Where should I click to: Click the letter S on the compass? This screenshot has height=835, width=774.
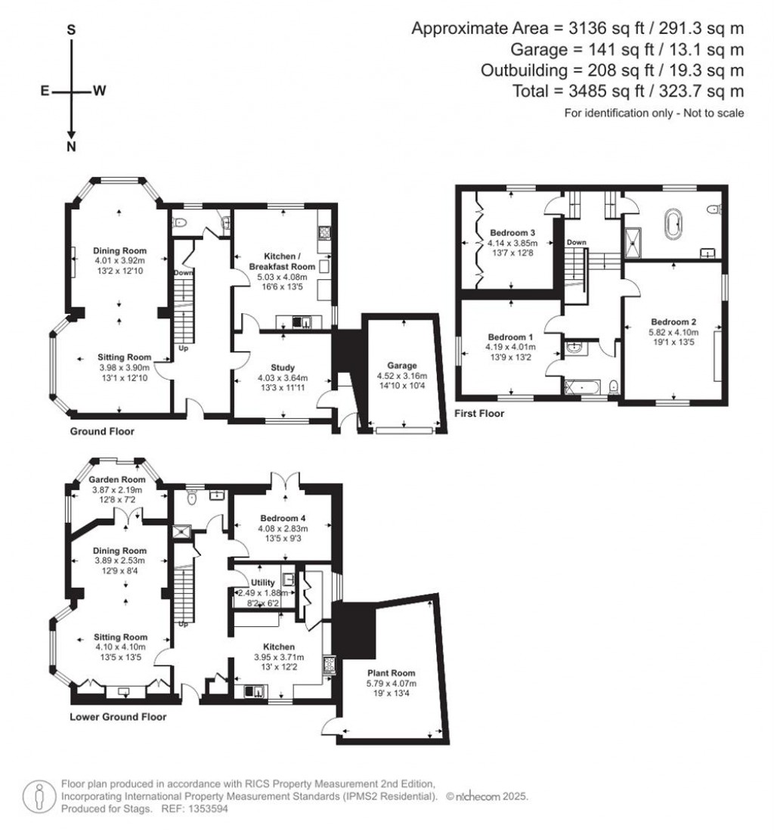point(71,30)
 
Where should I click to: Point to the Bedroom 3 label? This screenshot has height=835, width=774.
point(512,232)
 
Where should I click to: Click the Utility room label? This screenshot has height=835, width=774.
point(259,582)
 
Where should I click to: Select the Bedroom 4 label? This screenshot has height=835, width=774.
point(283,518)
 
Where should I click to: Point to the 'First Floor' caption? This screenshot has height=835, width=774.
point(479,414)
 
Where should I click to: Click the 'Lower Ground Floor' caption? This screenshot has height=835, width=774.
point(118,716)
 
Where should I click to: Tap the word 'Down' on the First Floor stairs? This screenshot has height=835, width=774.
point(577,243)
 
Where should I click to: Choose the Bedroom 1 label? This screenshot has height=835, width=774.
point(511,337)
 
